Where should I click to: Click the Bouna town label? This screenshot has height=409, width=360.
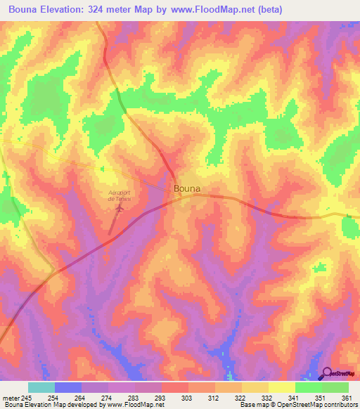(x=186, y=188)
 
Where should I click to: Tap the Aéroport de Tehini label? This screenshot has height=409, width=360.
(x=120, y=195)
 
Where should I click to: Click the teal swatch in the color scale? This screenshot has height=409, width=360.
(x=41, y=387)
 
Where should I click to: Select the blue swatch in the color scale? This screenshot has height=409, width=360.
(x=68, y=387)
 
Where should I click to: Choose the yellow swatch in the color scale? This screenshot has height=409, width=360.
(x=282, y=387)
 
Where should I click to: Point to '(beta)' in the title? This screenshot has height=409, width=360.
(x=269, y=9)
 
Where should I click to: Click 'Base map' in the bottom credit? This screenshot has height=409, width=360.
(x=252, y=405)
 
